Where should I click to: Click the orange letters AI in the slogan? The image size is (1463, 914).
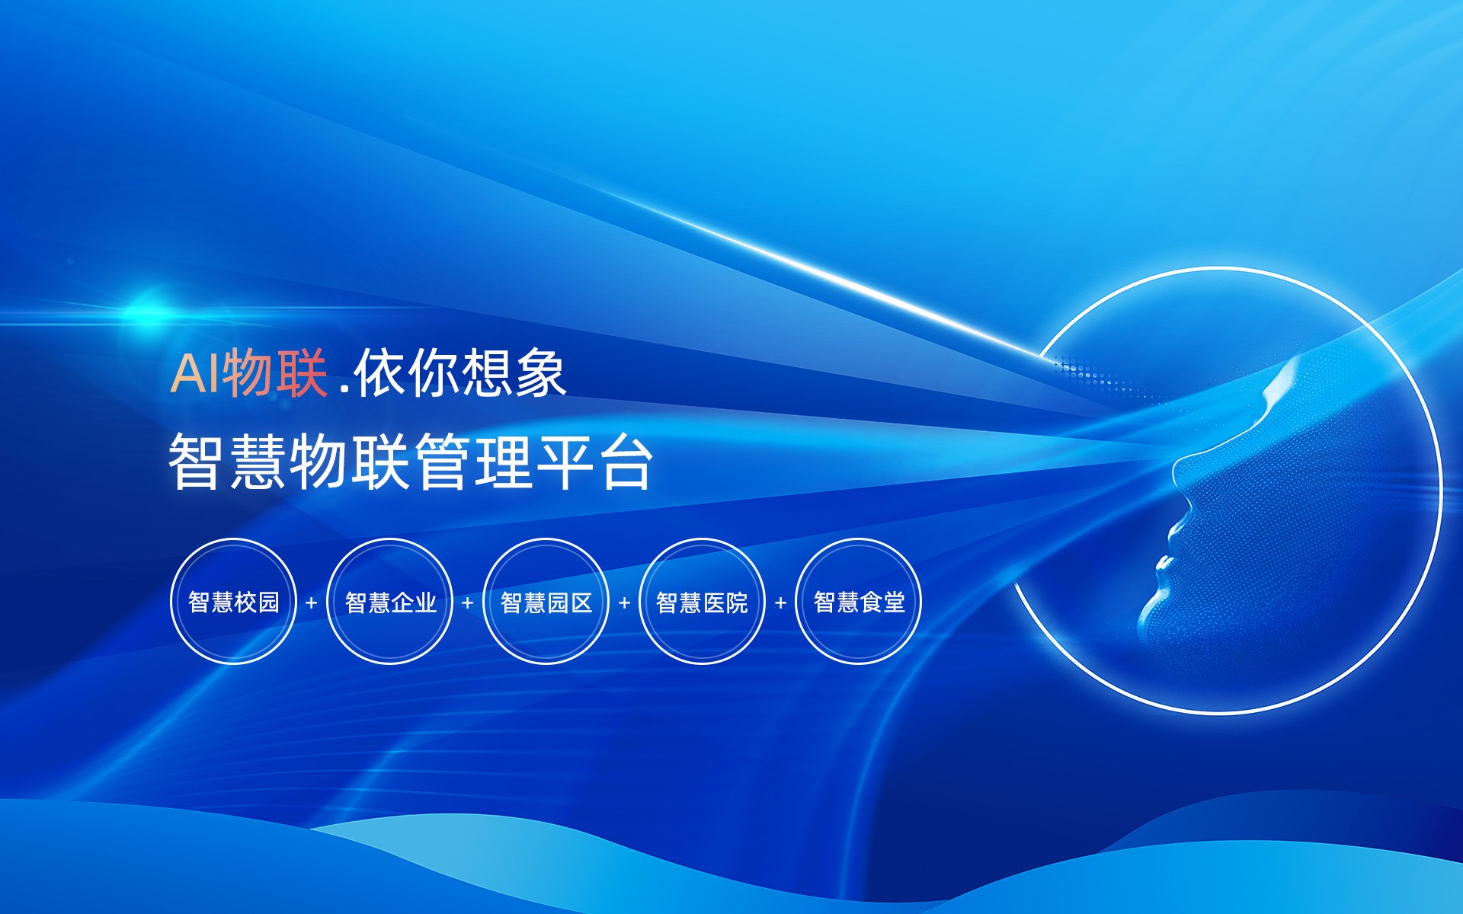[x=195, y=373]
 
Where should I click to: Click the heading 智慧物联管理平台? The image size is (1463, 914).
[x=410, y=462]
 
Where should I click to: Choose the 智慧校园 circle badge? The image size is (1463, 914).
[x=233, y=602]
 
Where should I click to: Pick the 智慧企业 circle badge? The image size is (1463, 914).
[x=390, y=602]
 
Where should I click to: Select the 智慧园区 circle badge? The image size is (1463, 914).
[x=546, y=602]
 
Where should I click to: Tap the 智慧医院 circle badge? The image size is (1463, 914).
[x=702, y=602]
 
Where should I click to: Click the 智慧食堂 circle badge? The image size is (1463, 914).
[x=859, y=602]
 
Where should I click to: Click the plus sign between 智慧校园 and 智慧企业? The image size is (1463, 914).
[x=311, y=602]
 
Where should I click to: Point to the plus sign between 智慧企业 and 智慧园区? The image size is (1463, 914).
[x=468, y=602]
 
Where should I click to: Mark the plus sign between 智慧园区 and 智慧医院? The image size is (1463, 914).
[x=624, y=602]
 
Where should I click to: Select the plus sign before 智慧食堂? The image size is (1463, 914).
[x=780, y=602]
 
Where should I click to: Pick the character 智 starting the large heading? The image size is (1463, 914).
[x=196, y=462]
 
